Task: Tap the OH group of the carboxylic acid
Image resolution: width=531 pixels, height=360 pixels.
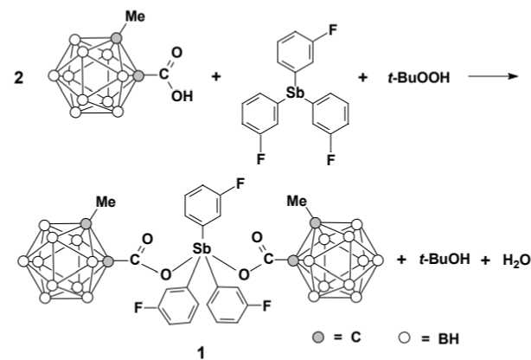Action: pyautogui.click(x=180, y=96)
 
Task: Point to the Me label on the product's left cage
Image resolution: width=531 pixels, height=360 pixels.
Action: pyautogui.click(x=106, y=202)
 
